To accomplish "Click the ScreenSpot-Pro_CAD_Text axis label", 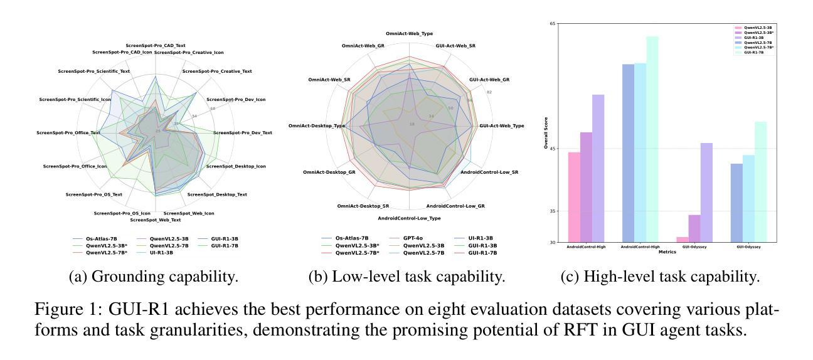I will [155, 46].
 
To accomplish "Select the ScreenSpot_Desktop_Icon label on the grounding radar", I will [236, 166].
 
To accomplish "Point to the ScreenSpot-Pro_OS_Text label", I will [93, 194].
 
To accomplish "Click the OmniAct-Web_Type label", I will [409, 33].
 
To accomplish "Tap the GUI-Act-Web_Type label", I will [501, 126].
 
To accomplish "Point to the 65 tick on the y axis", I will [552, 23].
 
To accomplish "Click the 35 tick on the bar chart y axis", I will [552, 211].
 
